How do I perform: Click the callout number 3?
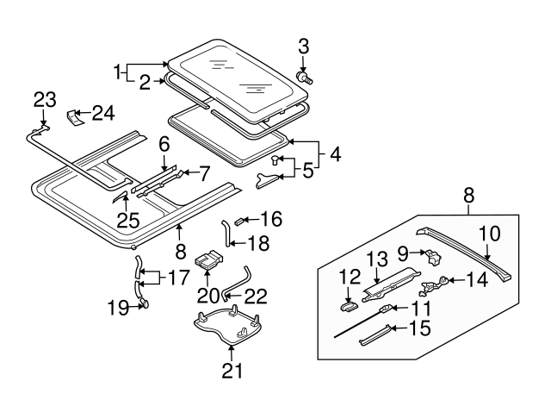click(303, 46)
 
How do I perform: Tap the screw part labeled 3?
click(303, 78)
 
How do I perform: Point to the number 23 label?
click(45, 99)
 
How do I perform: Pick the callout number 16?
click(271, 218)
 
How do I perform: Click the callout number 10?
click(487, 233)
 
